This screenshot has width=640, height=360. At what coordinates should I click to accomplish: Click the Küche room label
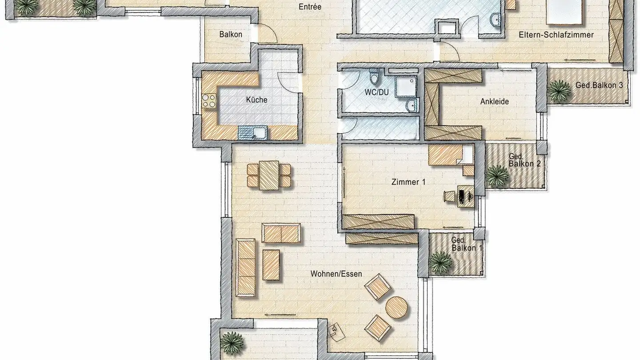point(256,100)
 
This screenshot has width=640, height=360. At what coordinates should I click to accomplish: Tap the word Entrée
point(310,7)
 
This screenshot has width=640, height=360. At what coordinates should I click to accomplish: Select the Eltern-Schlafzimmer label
point(556,35)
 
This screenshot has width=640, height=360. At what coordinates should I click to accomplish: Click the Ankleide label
point(494,102)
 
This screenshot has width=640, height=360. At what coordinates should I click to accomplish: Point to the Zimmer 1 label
point(405,182)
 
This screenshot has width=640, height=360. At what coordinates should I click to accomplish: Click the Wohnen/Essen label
point(336,274)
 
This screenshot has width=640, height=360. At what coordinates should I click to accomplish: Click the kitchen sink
point(253,132)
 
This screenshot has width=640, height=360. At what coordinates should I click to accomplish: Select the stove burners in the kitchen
point(209,102)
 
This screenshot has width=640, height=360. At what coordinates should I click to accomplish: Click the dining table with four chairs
point(269,175)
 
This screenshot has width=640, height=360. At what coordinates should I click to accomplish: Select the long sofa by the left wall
point(246,267)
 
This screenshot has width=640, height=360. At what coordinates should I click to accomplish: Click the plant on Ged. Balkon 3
point(559,91)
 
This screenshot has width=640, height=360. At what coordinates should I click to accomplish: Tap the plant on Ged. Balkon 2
point(497,176)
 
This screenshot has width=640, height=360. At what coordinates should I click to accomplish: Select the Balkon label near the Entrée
point(231,34)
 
